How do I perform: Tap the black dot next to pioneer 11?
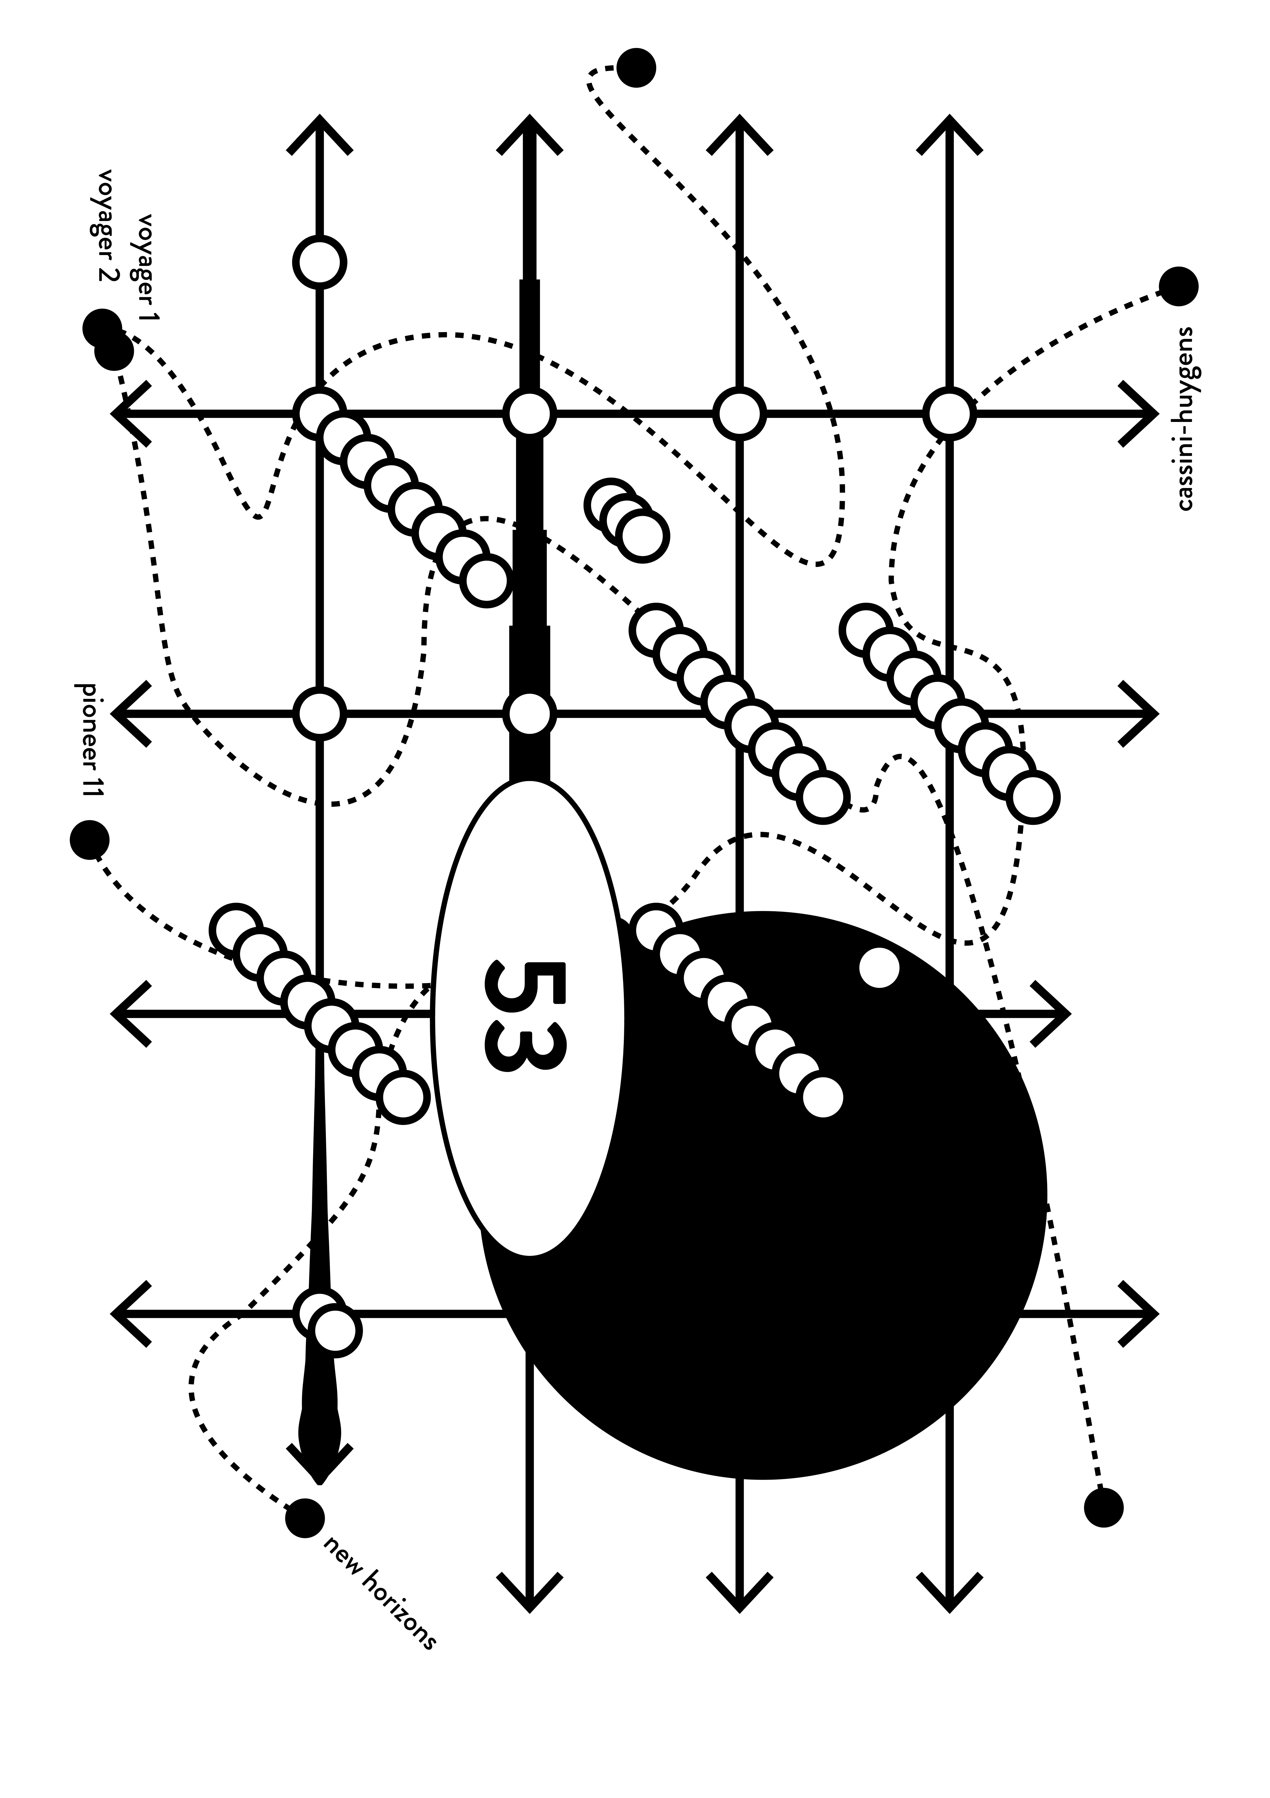click(89, 840)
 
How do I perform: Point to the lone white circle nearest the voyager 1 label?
click(320, 262)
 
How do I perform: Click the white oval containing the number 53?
click(529, 1018)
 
